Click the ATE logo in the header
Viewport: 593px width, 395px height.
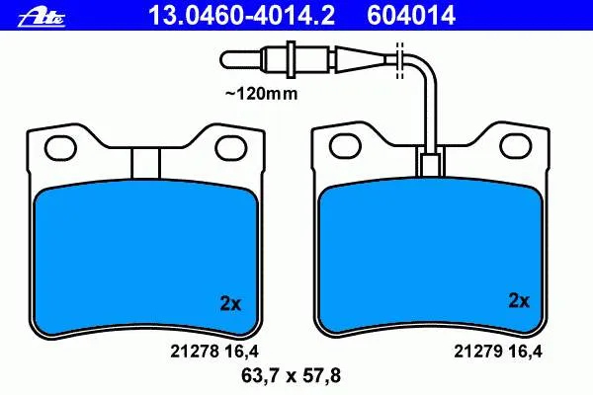coord(42,18)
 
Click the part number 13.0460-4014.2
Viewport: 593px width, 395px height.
coord(241,15)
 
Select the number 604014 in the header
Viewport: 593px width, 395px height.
coord(411,15)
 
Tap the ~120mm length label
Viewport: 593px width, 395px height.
coord(261,94)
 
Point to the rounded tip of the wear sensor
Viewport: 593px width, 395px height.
coord(227,59)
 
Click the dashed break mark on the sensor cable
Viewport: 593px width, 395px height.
coord(399,60)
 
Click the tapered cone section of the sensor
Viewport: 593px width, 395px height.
coord(360,59)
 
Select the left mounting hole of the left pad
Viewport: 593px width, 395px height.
coord(60,148)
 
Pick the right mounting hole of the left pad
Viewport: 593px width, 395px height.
coord(231,148)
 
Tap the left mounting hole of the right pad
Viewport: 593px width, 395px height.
coord(345,146)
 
